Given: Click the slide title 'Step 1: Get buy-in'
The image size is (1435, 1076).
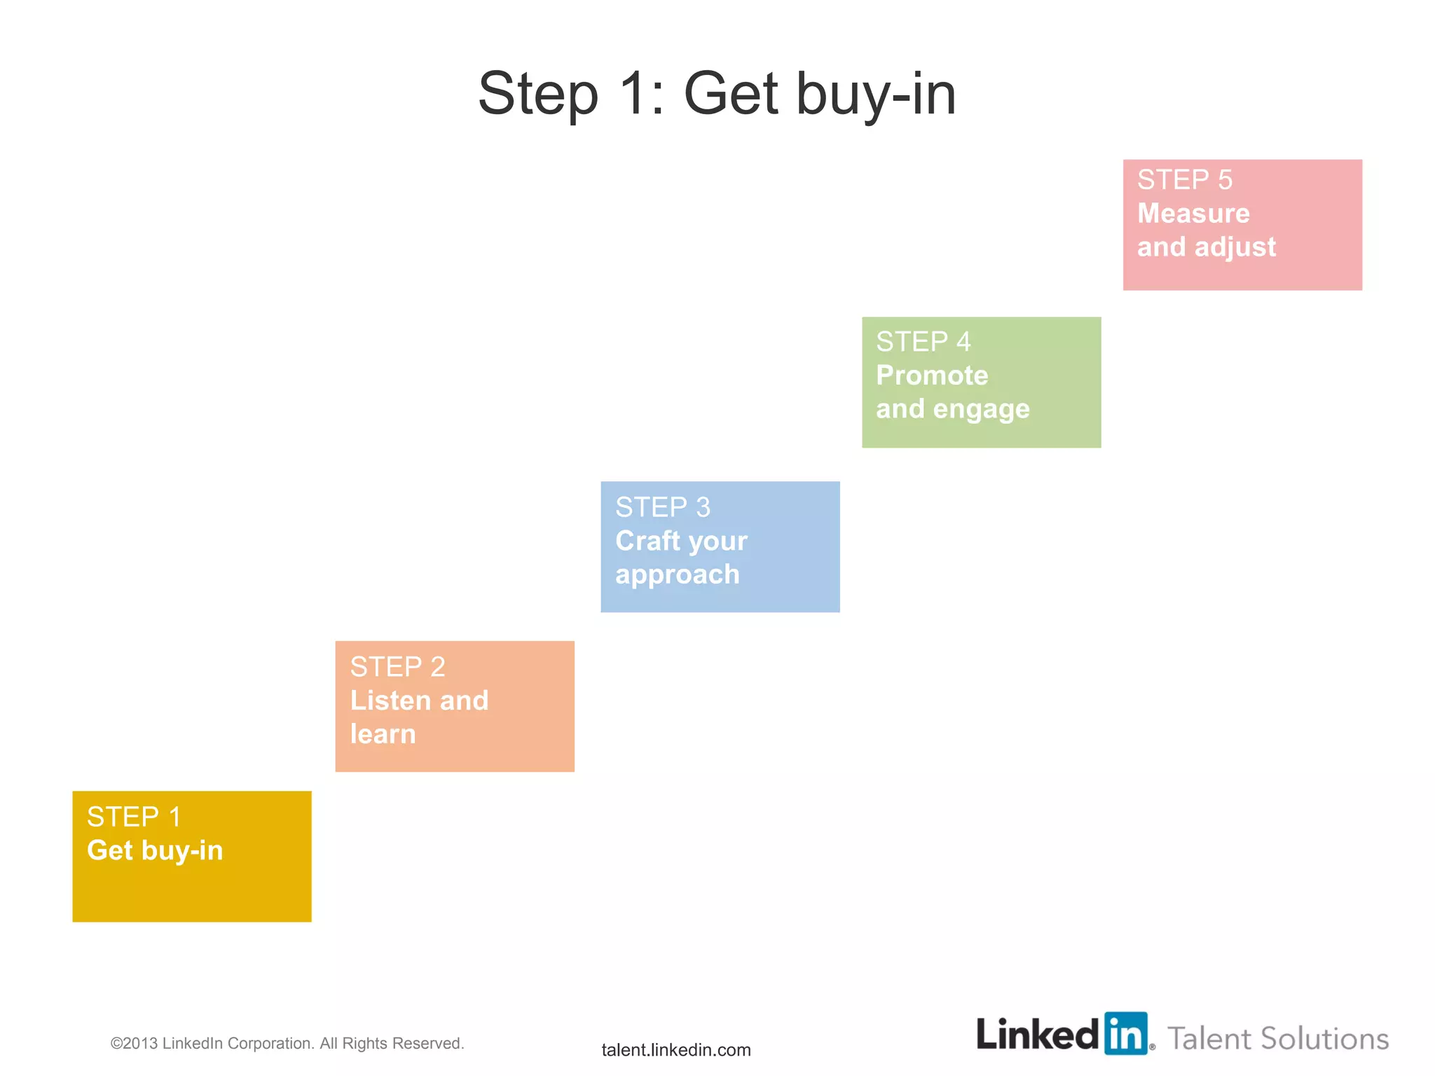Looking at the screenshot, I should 717,94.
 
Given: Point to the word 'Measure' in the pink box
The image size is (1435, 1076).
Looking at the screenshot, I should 1193,214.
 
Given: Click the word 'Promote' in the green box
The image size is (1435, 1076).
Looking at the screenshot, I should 932,375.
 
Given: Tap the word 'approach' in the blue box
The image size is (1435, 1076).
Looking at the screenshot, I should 677,574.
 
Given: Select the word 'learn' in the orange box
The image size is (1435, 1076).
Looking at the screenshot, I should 383,734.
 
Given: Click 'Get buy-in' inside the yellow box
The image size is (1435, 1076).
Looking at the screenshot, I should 155,850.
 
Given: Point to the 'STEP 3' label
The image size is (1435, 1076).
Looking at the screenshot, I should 663,507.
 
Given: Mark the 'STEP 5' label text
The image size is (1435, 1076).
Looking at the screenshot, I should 1184,180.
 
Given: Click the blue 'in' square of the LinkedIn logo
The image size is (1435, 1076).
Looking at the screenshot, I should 1126,1033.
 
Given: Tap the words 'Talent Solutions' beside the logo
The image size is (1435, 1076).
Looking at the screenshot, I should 1278,1038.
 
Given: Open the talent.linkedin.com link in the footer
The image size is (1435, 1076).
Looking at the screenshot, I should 676,1049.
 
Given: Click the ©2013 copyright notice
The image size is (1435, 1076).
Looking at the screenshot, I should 287,1043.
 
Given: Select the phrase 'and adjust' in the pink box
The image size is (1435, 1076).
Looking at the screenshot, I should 1206,247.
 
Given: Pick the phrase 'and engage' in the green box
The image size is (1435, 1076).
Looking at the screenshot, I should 952,409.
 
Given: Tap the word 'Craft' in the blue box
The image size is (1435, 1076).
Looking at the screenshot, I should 647,541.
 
